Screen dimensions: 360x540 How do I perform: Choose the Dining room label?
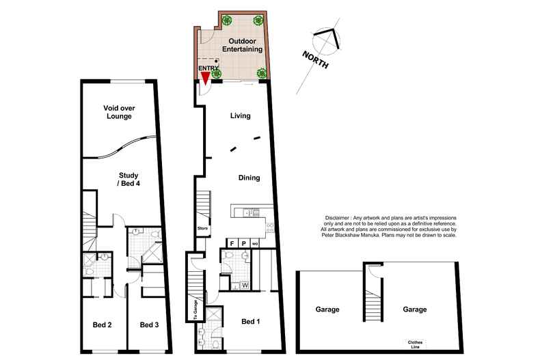point(249,178)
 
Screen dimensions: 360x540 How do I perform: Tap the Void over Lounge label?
point(118,112)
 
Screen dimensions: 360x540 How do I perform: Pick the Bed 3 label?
point(149,324)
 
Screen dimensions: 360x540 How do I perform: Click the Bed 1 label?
point(253,320)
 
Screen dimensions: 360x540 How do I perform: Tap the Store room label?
point(202,229)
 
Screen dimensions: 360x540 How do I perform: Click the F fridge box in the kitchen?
point(232,243)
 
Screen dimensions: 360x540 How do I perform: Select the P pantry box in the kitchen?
point(243,243)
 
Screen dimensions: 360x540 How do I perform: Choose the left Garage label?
point(327,309)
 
